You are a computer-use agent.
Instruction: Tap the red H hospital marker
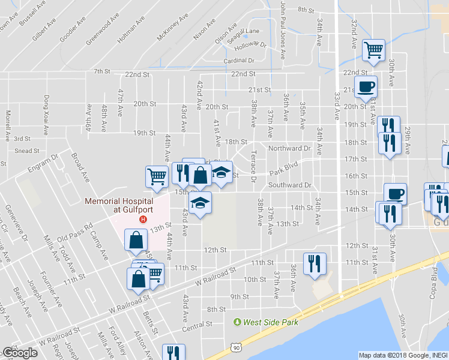tap(143, 219)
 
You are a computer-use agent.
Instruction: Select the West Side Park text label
tap(269, 323)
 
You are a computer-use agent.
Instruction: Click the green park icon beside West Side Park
tap(238, 323)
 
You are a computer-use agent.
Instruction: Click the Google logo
tap(20, 353)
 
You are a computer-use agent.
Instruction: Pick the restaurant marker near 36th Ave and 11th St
tap(315, 263)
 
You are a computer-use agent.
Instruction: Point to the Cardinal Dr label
tap(239, 61)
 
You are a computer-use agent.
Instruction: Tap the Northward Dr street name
tap(289, 148)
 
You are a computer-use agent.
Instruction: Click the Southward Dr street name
tap(290, 185)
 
